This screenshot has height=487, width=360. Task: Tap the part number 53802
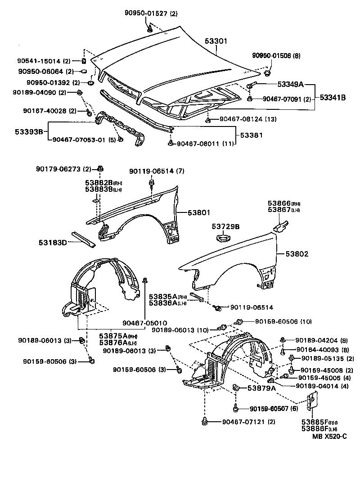pyautogui.click(x=296, y=254)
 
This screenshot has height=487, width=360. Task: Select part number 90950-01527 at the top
pyautogui.click(x=147, y=14)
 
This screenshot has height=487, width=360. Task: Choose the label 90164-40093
pyautogui.click(x=317, y=350)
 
